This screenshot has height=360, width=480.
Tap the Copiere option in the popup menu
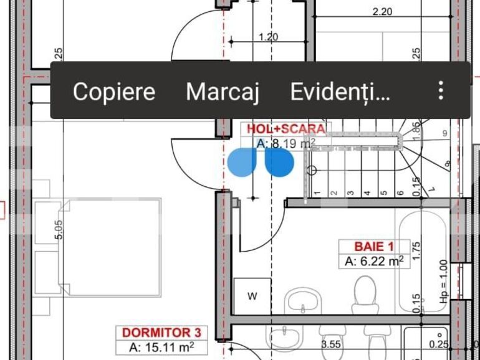click(113, 92)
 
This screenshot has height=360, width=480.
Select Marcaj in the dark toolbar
click(222, 92)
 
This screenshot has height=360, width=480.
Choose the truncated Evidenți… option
click(340, 92)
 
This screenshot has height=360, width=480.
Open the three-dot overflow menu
click(441, 91)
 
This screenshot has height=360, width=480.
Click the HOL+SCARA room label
click(286, 129)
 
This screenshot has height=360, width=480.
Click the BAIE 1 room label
click(373, 246)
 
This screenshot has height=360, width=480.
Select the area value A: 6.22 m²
click(373, 262)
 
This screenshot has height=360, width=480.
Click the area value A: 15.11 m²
click(160, 348)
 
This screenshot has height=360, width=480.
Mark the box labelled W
click(252, 296)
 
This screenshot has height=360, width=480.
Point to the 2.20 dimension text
click(382, 11)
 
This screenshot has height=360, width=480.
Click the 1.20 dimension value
click(268, 37)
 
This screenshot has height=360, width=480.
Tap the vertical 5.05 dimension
click(59, 229)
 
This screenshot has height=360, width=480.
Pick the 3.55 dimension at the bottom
click(330, 344)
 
